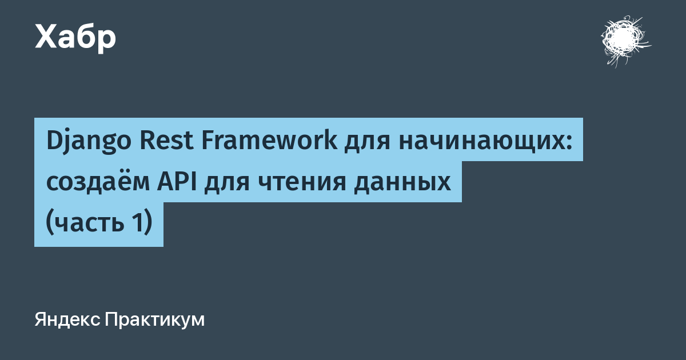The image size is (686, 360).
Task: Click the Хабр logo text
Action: click(75, 38)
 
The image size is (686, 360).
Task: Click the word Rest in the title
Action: click(166, 141)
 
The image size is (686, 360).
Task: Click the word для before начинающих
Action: click(367, 143)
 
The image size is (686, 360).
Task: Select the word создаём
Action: click(98, 182)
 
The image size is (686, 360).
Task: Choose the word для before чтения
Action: click(227, 183)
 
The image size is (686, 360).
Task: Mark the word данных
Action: click(402, 183)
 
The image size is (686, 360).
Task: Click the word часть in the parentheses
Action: click(90, 223)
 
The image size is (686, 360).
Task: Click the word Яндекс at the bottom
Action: click(67, 320)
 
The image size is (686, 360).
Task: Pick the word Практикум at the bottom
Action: click(155, 320)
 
